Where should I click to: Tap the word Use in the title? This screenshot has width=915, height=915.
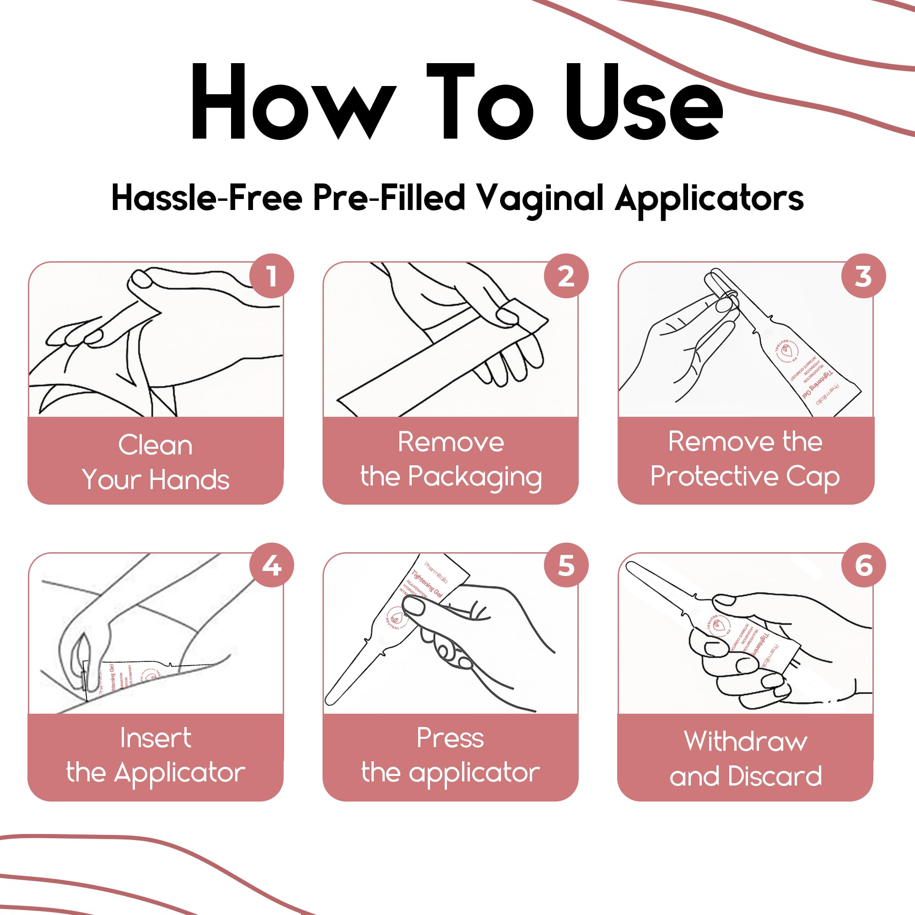(x=644, y=102)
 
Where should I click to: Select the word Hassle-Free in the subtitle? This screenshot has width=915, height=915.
(x=207, y=198)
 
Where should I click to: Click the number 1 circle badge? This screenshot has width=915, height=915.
(x=271, y=276)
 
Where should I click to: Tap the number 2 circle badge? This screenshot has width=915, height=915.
(x=566, y=276)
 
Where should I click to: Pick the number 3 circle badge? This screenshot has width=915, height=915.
(x=863, y=276)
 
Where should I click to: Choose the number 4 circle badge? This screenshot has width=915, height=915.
(x=271, y=565)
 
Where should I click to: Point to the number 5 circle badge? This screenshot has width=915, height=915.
(x=566, y=565)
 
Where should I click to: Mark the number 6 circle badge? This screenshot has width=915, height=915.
(x=863, y=565)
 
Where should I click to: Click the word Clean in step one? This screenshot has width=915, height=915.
(x=156, y=445)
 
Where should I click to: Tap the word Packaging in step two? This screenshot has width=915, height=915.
(x=474, y=477)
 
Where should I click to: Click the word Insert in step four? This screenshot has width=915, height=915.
(x=156, y=738)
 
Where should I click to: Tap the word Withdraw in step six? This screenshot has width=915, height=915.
(x=745, y=741)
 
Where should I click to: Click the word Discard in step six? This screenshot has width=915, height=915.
(x=775, y=776)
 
